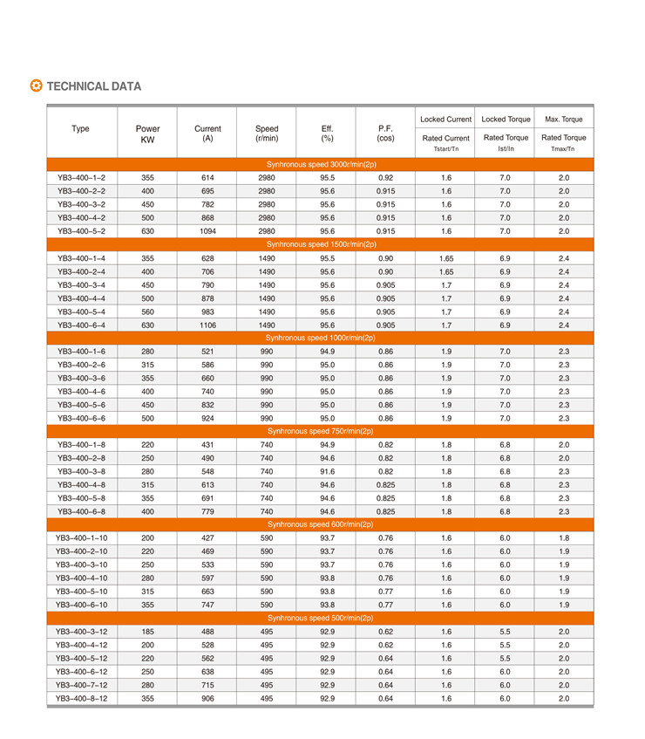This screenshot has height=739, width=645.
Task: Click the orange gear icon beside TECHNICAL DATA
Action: click(36, 86)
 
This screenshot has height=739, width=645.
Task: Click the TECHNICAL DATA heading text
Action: click(93, 86)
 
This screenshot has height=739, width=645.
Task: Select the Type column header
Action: click(80, 129)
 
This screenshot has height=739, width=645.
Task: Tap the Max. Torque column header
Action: click(563, 119)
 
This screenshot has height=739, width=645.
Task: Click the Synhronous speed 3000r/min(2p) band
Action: click(321, 164)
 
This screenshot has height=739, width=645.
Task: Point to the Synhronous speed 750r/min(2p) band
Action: click(321, 431)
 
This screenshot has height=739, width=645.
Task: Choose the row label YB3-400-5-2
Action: click(81, 231)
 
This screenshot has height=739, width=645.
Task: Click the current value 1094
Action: click(207, 231)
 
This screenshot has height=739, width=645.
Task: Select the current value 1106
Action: click(207, 325)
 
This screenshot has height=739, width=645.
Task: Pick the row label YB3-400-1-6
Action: click(81, 352)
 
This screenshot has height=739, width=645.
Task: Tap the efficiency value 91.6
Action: click(327, 471)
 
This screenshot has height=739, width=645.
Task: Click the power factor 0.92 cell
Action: click(385, 177)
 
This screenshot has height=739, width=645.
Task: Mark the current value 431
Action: click(207, 444)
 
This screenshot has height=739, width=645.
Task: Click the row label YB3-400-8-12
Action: click(81, 699)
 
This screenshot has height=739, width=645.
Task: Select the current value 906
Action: click(207, 699)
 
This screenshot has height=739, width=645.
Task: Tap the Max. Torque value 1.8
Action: click(563, 538)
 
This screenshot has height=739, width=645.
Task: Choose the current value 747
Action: click(207, 605)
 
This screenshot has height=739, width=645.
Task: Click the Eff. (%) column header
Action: click(327, 133)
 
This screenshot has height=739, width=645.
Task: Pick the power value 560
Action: click(148, 311)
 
